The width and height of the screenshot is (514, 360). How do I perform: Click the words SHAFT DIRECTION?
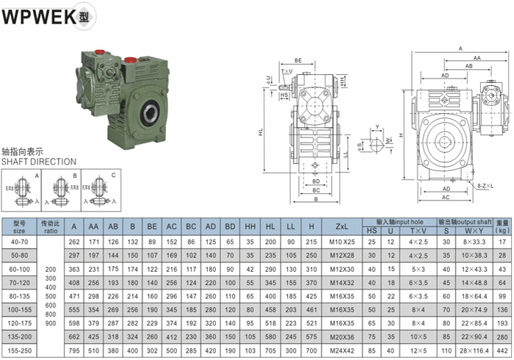[38, 162]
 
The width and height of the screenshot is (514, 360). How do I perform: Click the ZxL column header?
[340, 226]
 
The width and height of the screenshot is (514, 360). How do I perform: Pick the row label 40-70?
[19, 241]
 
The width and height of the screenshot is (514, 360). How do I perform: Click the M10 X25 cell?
[340, 241]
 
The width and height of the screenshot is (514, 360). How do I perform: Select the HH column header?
[250, 226]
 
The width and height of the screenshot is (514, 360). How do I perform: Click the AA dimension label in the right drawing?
[477, 57]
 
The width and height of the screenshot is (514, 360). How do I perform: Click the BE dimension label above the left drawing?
[298, 60]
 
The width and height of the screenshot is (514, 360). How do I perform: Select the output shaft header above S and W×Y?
[465, 221]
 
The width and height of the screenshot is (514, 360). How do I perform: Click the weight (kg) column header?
[502, 226]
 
